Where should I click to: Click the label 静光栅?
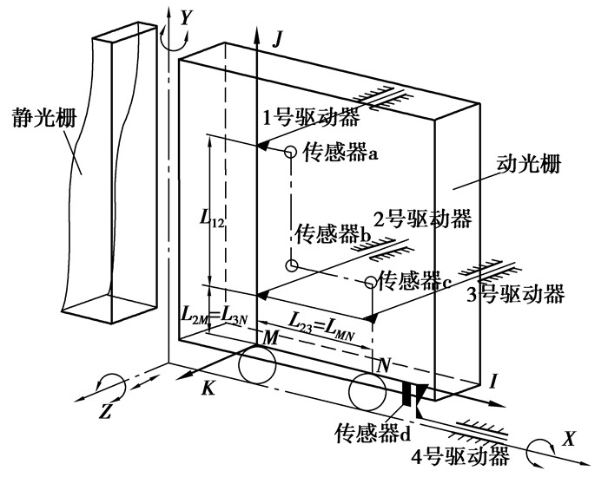[x=44, y=116]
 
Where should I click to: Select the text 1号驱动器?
[x=311, y=117]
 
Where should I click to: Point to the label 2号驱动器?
[x=423, y=219]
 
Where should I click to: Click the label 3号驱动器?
[x=515, y=294]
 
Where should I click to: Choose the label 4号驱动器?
[x=459, y=457]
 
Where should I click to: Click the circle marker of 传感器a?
[x=290, y=152]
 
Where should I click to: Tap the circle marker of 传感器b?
[x=292, y=265]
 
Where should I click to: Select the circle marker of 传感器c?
[x=371, y=282]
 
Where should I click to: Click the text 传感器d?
[x=373, y=433]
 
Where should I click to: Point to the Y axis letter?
[x=187, y=17]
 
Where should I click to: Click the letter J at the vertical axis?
[x=276, y=39]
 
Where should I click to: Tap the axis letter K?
[x=208, y=387]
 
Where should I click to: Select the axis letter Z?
[x=105, y=410]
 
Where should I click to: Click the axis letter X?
[x=568, y=439]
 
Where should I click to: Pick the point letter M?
[x=271, y=338]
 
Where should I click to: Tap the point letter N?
[x=383, y=365]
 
